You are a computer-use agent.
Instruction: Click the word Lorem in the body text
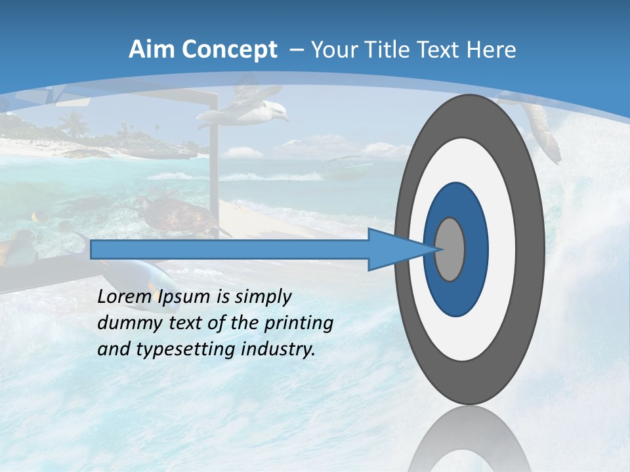124,296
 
